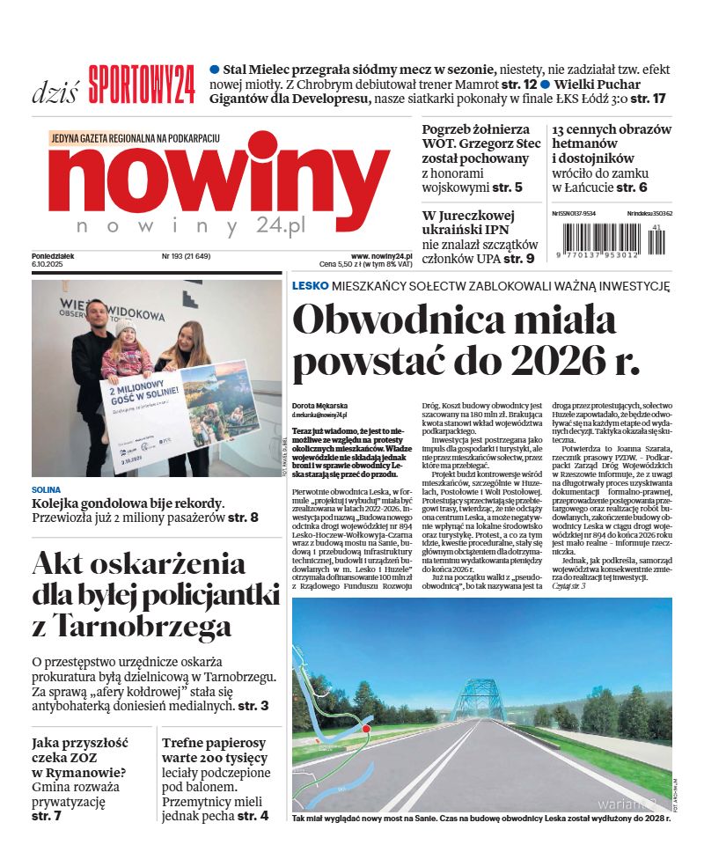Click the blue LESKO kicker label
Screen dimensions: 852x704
310,285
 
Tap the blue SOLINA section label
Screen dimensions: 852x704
46,489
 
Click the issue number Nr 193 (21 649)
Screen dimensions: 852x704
186,256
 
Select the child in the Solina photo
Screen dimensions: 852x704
126,353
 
